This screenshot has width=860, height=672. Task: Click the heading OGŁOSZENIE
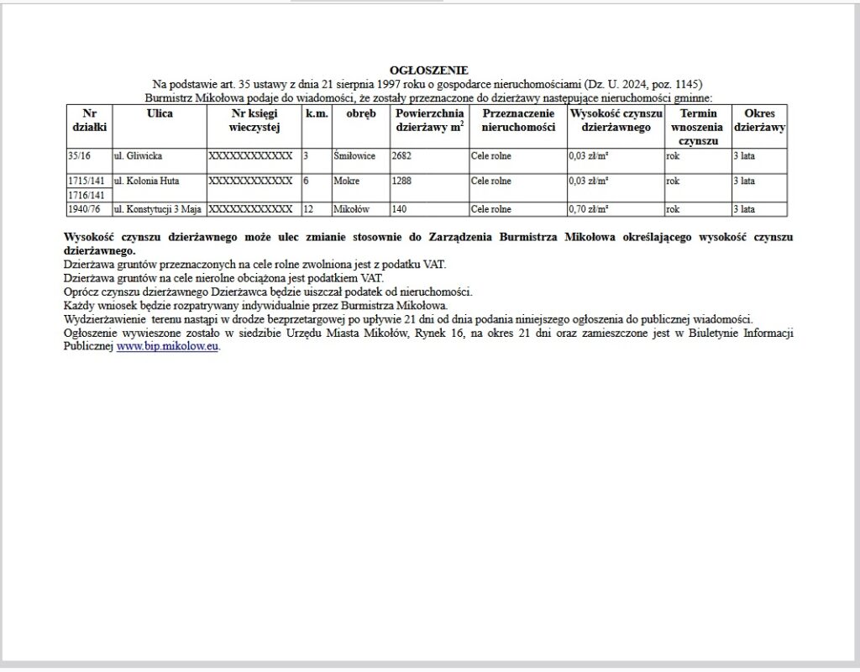pos(429,71)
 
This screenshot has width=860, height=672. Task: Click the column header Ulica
pos(160,113)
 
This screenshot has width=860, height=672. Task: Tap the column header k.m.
pos(316,113)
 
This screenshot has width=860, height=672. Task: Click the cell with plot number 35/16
pos(78,156)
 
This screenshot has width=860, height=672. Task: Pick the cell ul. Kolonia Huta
pos(147,181)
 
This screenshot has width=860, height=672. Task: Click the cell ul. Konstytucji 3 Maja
pos(158,208)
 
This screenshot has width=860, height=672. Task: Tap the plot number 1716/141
pos(87,195)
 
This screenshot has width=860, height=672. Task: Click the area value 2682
pos(401,156)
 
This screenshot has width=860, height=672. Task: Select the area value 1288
pos(401,181)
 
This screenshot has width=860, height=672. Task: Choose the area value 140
pos(399,208)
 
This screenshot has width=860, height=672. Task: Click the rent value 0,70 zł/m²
pos(589,208)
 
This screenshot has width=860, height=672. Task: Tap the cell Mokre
pos(346,181)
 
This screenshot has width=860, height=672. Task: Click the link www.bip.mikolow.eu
pos(168,346)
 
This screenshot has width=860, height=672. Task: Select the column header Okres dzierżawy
pos(759,120)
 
